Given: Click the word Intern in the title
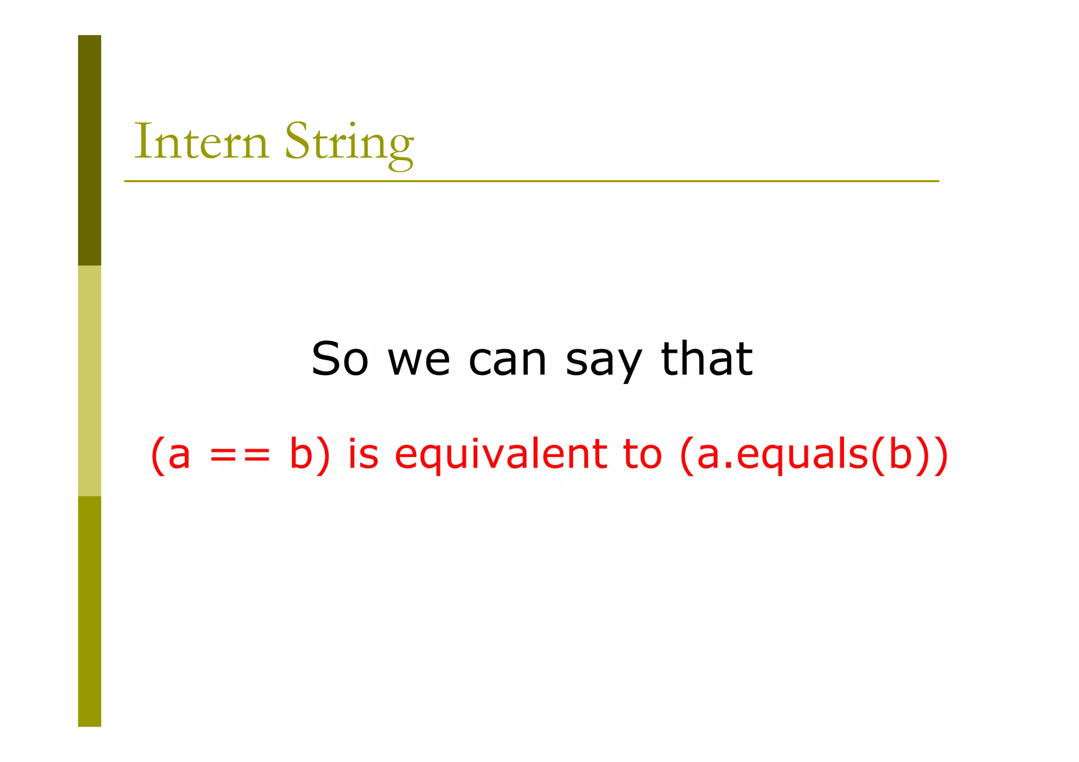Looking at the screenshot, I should tap(201, 141).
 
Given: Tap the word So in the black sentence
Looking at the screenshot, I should tap(339, 359).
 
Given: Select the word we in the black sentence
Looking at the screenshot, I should tap(419, 360).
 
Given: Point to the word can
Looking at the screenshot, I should tap(507, 360).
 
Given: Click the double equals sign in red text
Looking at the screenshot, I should tap(240, 454).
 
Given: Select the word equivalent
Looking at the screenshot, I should tap(501, 454).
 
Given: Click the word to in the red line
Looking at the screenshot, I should tap(642, 454).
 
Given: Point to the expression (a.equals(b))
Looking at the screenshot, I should tap(814, 454).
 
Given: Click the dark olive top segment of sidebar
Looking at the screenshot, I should tap(90, 150).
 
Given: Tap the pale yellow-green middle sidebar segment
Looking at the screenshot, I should tap(90, 380).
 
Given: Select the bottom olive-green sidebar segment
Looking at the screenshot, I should tap(90, 611).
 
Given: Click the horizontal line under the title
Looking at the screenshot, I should tap(531, 181).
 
